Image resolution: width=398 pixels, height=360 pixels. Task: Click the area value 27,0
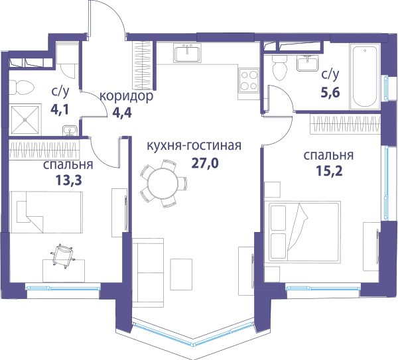coord(204,163)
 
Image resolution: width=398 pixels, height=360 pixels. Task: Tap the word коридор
coord(127,96)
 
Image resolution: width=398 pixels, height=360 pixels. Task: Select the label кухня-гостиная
coord(194,146)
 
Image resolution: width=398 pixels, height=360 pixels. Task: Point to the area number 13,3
coord(68,180)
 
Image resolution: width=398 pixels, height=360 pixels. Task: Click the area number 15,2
coord(329,171)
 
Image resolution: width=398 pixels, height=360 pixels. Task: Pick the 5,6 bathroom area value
coord(330,92)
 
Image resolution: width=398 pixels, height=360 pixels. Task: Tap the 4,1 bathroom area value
coord(60,109)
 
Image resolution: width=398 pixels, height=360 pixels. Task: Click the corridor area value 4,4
coord(122,113)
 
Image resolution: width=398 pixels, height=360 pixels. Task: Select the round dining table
coord(163,183)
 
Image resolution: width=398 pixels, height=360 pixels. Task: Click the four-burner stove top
coord(249,80)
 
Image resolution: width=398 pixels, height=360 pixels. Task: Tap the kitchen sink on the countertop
coord(187,53)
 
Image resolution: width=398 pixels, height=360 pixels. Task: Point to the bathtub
coord(365,76)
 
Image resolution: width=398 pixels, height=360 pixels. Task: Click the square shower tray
coord(25,119)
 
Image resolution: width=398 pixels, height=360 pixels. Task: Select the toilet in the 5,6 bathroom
coord(279,68)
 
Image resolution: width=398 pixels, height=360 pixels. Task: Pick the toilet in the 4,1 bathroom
coord(22,88)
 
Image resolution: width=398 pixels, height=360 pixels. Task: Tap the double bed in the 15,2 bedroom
coord(302,232)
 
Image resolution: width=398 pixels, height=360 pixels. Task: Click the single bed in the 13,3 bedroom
coord(46,212)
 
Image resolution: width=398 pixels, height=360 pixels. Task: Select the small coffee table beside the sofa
coord(181,274)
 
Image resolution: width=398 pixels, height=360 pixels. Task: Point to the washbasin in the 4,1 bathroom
coord(70,130)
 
